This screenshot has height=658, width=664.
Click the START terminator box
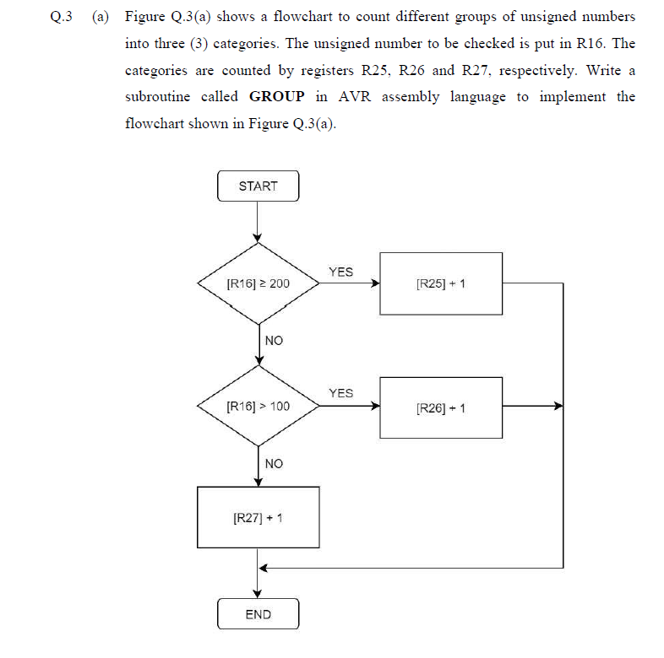[x=258, y=186]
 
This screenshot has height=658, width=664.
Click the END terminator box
[x=258, y=614]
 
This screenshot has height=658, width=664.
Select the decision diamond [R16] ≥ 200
[x=258, y=283]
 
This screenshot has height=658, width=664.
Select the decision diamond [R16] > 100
[x=258, y=407]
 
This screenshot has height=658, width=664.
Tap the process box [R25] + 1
[x=441, y=283]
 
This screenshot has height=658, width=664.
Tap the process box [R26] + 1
[x=441, y=407]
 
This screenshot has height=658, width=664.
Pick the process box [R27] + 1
[x=258, y=517]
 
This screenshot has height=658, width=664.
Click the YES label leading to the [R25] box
[x=340, y=272]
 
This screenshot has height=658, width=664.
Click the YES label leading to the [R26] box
[x=340, y=393]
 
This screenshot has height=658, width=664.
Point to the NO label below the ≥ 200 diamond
[x=274, y=341]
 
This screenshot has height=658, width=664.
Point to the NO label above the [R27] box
[x=274, y=464]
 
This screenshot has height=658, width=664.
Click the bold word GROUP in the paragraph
[x=276, y=97]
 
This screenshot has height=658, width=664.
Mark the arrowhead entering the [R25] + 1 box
[x=375, y=283]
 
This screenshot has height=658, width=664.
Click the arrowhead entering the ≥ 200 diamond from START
[x=258, y=239]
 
